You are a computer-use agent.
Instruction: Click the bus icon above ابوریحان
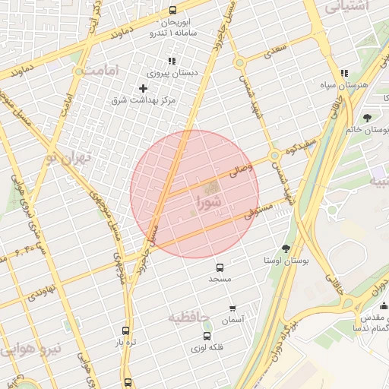click(x=172, y=11)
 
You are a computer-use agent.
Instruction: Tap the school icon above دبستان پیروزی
click(x=171, y=61)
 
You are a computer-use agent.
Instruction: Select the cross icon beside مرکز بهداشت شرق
click(x=142, y=89)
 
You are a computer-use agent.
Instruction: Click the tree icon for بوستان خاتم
click(x=367, y=117)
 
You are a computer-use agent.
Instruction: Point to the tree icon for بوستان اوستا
click(x=286, y=248)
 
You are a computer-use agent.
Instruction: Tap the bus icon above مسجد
click(x=220, y=267)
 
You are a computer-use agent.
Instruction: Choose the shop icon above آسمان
click(x=232, y=308)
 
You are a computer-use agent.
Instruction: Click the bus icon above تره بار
click(x=126, y=330)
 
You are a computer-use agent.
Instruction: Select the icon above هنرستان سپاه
click(x=344, y=73)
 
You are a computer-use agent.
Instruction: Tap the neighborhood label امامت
click(x=102, y=70)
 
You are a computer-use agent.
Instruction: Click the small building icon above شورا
click(x=213, y=187)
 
